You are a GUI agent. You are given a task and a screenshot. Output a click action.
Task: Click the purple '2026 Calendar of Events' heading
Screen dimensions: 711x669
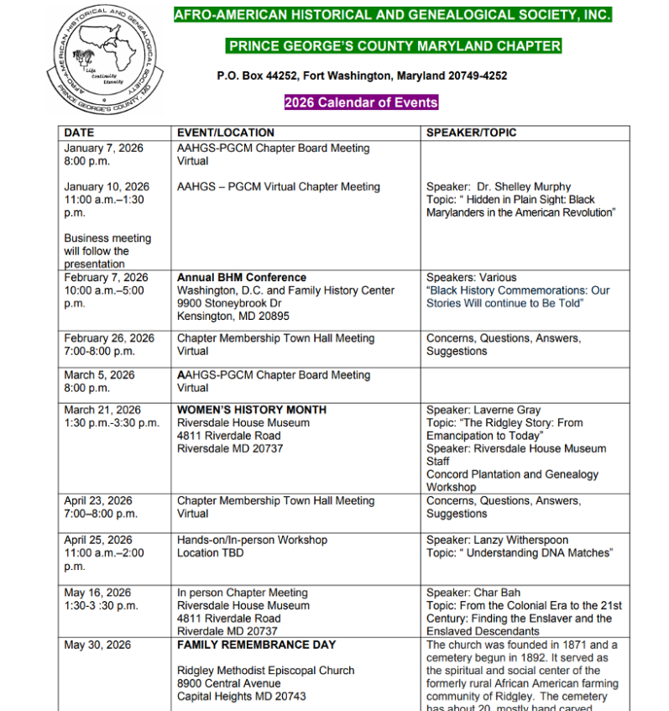[x=361, y=102]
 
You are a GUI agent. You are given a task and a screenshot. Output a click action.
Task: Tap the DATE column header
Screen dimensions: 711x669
[x=79, y=133]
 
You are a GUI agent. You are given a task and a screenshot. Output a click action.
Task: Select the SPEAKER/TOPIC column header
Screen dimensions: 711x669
[x=471, y=133]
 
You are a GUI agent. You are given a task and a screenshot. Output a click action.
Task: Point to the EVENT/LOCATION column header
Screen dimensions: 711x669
[x=225, y=133]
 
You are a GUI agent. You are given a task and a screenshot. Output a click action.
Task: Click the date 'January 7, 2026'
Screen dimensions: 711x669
[x=103, y=148]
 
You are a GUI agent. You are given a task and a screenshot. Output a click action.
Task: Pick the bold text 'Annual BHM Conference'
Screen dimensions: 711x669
[x=242, y=277]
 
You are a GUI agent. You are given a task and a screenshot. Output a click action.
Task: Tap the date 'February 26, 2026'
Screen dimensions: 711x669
[x=109, y=338]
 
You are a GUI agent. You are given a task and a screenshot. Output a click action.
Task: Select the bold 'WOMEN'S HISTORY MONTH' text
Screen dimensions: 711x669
[x=252, y=410]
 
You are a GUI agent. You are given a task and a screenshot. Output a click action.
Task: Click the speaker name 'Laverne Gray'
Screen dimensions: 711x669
[x=507, y=410]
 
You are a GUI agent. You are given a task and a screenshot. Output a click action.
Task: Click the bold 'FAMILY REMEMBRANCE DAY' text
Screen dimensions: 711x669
[x=256, y=645]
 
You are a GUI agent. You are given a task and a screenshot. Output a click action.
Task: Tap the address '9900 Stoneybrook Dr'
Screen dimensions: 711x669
[x=229, y=303]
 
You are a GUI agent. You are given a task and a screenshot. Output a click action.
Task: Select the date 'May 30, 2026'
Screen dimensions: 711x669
[x=97, y=645]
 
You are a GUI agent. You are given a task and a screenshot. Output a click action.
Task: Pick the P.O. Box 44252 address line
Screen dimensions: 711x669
[x=362, y=76]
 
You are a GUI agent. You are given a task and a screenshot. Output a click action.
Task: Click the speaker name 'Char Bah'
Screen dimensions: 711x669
[x=497, y=593]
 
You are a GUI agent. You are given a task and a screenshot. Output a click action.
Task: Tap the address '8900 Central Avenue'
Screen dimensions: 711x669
[x=229, y=683]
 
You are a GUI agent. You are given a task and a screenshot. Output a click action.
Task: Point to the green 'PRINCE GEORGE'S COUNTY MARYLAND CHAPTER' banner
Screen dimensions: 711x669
[x=394, y=46]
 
